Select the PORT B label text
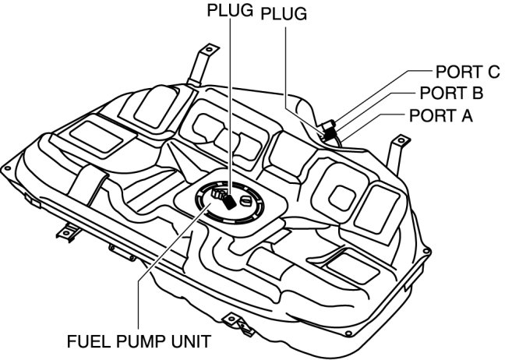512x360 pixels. (x=451, y=94)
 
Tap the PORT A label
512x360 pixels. (x=440, y=115)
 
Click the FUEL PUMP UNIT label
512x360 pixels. (x=137, y=341)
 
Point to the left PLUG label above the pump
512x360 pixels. (x=231, y=12)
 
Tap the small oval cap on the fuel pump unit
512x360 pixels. (x=247, y=202)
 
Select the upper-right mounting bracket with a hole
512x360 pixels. (x=398, y=145)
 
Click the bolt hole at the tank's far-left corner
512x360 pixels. (x=6, y=168)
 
